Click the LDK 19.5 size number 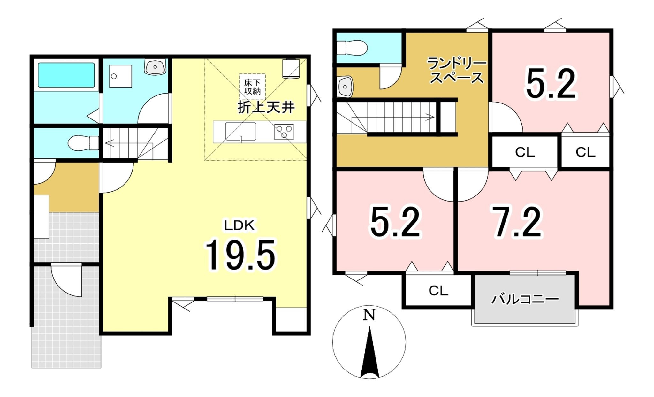pyautogui.click(x=240, y=256)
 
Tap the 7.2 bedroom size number pyautogui.click(x=516, y=222)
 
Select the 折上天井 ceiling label pyautogui.click(x=266, y=107)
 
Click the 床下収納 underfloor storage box pyautogui.click(x=252, y=87)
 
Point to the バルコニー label pyautogui.click(x=525, y=299)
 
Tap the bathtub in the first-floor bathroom pyautogui.click(x=66, y=75)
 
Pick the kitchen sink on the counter pyautogui.click(x=241, y=131)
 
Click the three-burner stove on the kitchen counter pyautogui.click(x=284, y=132)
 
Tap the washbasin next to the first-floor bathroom pyautogui.click(x=156, y=66)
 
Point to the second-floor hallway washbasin pyautogui.click(x=345, y=86)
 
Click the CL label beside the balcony pyautogui.click(x=438, y=291)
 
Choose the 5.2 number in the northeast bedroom pyautogui.click(x=551, y=84)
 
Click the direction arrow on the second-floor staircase pyautogui.click(x=393, y=117)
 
